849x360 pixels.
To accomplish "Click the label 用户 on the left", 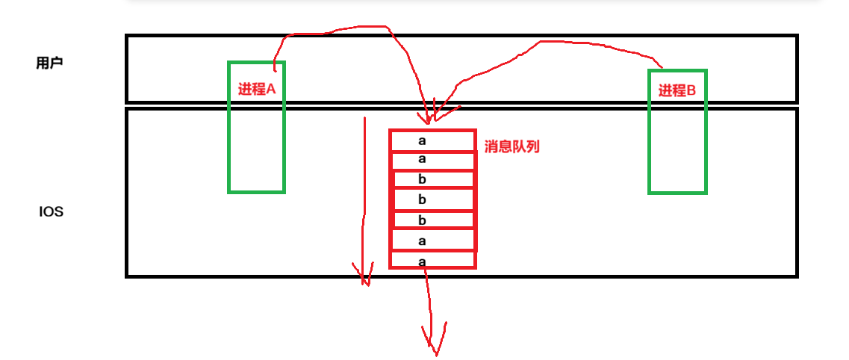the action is coord(49,63).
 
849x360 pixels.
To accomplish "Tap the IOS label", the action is coord(52,211).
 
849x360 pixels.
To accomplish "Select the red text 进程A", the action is coord(257,89).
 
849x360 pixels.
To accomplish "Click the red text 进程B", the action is coord(677,90).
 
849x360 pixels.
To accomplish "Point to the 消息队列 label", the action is coord(511,146).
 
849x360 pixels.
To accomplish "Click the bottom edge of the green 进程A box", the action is coord(256,191).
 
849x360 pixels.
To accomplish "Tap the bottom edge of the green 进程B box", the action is coord(677,192).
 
